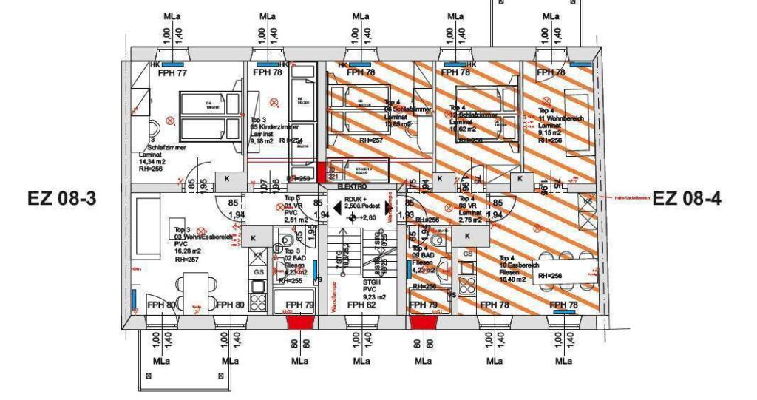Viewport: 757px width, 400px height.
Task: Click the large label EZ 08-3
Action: (62, 198)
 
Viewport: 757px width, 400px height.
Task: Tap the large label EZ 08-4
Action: (687, 198)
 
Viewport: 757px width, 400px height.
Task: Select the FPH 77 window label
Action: (171, 72)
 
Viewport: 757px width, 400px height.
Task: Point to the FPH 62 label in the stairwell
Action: (361, 305)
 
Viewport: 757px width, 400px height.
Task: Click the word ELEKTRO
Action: (353, 188)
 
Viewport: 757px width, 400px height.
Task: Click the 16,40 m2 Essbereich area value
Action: (510, 279)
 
